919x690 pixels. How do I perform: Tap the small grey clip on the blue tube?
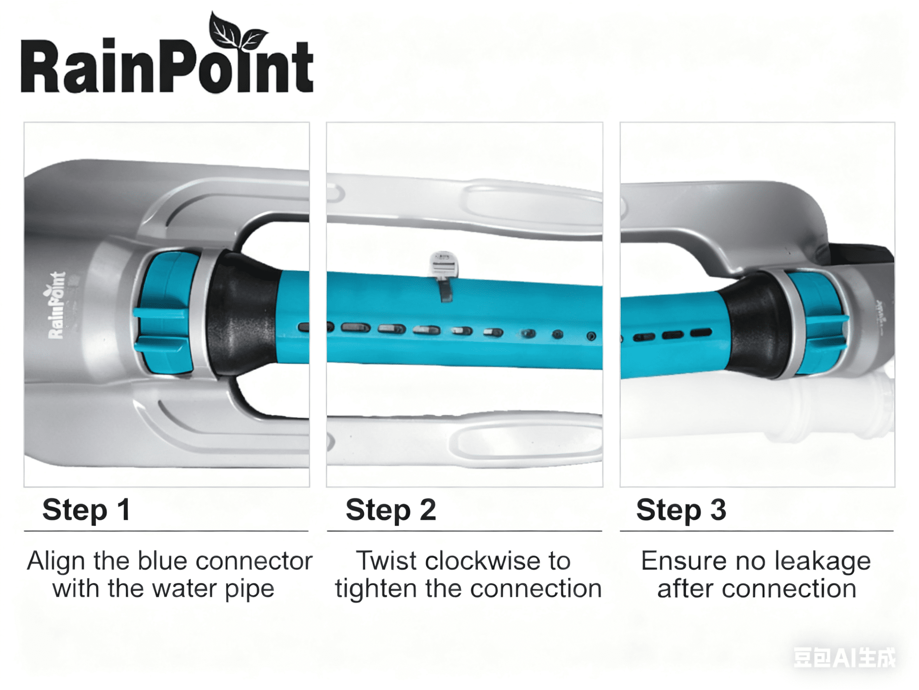(443, 275)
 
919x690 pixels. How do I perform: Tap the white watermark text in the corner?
(844, 658)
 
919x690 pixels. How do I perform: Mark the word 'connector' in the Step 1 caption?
(254, 561)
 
